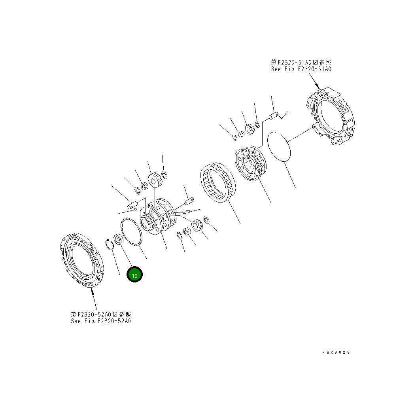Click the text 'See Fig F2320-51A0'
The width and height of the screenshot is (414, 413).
[301, 69]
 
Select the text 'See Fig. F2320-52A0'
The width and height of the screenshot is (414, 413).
[101, 321]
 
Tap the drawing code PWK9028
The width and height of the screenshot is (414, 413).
[336, 352]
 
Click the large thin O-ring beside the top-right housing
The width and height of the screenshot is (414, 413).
[279, 146]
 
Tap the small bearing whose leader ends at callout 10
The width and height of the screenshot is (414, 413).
[118, 239]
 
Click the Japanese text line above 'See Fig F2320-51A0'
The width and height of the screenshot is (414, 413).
[301, 62]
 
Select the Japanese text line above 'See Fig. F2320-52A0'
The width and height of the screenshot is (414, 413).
[101, 314]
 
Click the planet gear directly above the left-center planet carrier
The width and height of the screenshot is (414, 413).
[153, 180]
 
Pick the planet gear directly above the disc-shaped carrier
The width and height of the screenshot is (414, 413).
[250, 129]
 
